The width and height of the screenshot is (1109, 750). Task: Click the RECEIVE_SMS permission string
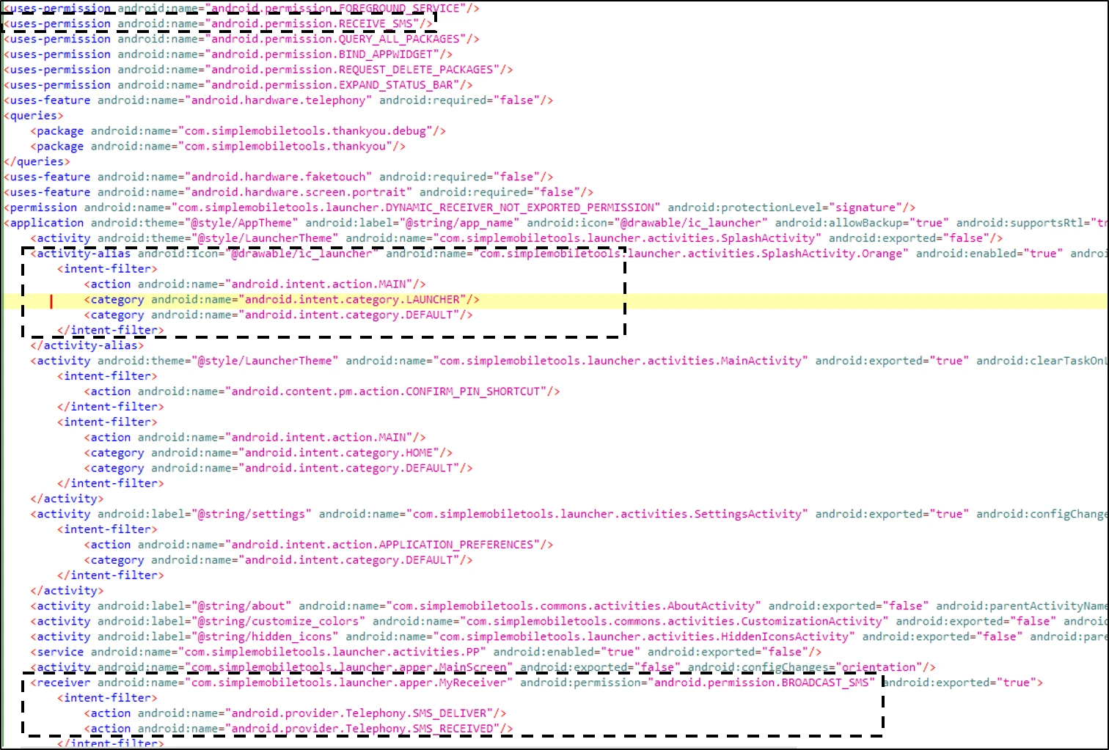(315, 23)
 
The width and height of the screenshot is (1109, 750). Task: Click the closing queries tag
(37, 162)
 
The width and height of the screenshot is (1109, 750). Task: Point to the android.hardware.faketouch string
(281, 177)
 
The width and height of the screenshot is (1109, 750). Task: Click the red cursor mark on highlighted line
(51, 301)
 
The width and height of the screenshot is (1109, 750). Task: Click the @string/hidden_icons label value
(265, 636)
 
